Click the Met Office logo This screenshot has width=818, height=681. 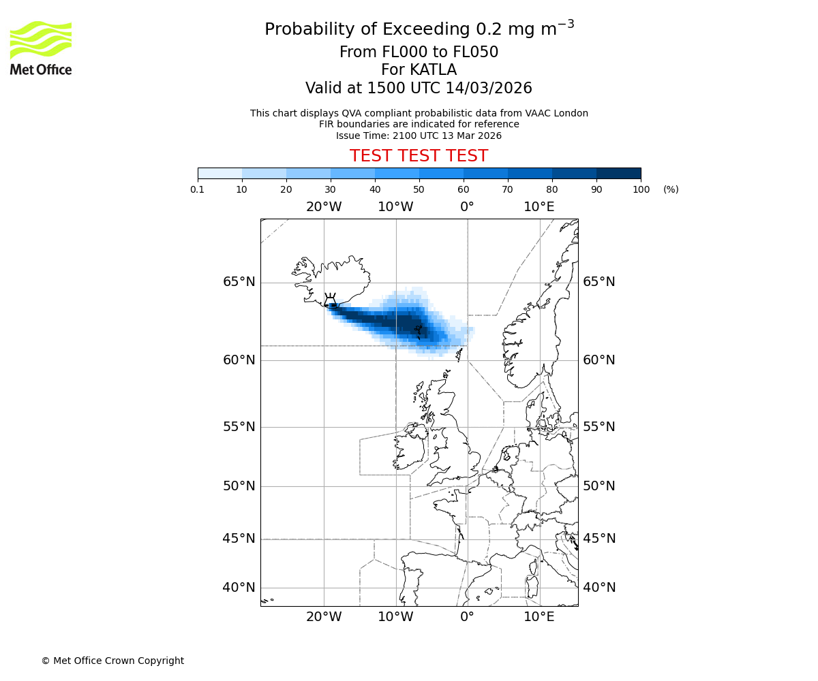pyautogui.click(x=41, y=48)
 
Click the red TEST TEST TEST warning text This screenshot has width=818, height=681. pyautogui.click(x=419, y=156)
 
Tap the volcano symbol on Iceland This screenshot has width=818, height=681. pyautogui.click(x=331, y=300)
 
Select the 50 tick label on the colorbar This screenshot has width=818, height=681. pyautogui.click(x=419, y=189)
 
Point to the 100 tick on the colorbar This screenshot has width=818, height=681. pyautogui.click(x=641, y=189)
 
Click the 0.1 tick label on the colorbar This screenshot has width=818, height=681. pyautogui.click(x=198, y=189)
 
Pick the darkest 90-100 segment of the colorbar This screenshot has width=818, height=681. pyautogui.click(x=618, y=173)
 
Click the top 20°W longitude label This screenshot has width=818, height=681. pyautogui.click(x=323, y=206)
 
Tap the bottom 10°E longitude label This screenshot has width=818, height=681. pyautogui.click(x=539, y=617)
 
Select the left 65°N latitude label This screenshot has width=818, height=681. pyautogui.click(x=239, y=282)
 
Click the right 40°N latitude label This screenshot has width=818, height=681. pyautogui.click(x=599, y=588)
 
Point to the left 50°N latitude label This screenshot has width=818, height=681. pyautogui.click(x=239, y=486)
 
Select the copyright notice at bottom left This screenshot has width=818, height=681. pyautogui.click(x=112, y=661)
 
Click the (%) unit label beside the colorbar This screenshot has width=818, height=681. pyautogui.click(x=671, y=189)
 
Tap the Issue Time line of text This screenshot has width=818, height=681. pyautogui.click(x=419, y=136)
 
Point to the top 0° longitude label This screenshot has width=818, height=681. pyautogui.click(x=467, y=206)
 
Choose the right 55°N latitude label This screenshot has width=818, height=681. pyautogui.click(x=599, y=427)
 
